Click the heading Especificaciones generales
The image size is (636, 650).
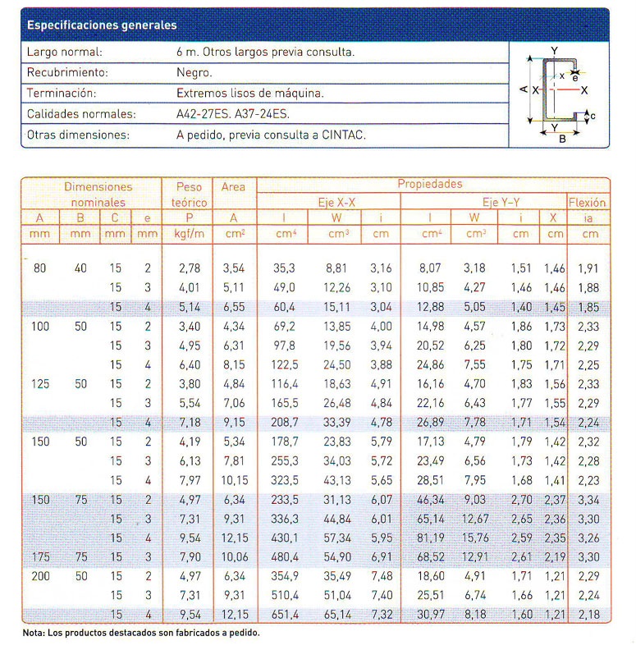click(101, 25)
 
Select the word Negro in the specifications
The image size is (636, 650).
click(194, 72)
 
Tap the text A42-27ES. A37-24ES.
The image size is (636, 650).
click(233, 114)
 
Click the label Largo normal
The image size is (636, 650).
click(64, 52)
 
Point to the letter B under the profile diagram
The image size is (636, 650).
click(562, 139)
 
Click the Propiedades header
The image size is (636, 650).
click(430, 185)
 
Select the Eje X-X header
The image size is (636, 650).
click(336, 202)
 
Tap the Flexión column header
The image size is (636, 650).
click(587, 202)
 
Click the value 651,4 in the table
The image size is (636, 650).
click(285, 614)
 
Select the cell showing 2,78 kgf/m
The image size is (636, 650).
click(189, 268)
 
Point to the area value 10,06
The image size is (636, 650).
click(233, 557)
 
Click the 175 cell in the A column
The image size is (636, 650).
click(41, 557)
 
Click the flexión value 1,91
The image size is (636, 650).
click(587, 268)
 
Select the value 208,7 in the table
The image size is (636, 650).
click(285, 423)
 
